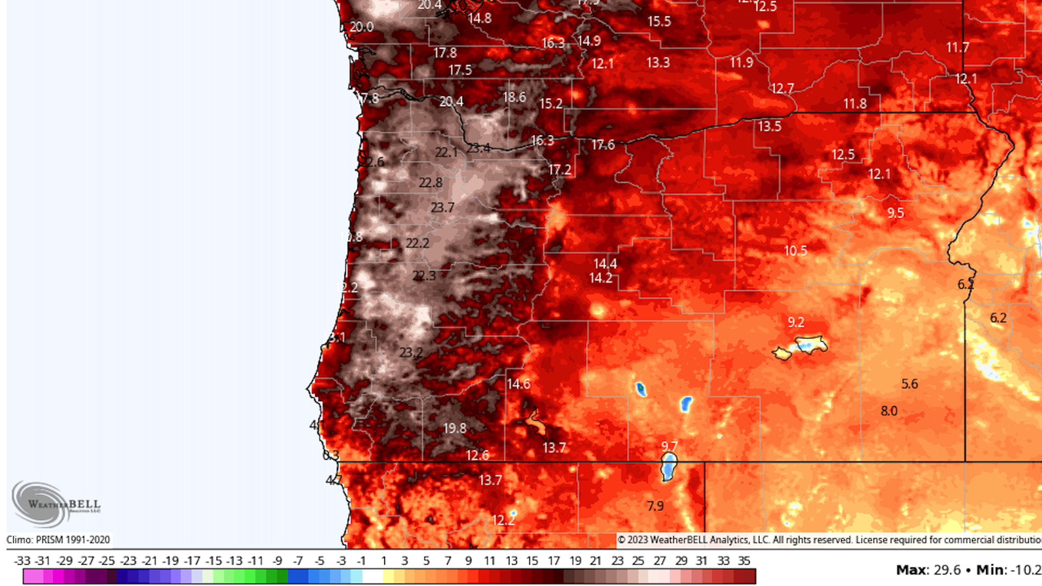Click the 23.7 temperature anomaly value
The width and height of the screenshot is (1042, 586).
pyautogui.click(x=442, y=208)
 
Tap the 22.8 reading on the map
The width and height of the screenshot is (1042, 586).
pyautogui.click(x=430, y=183)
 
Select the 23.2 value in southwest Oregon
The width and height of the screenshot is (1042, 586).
pyautogui.click(x=411, y=353)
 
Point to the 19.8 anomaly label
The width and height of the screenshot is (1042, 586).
pyautogui.click(x=454, y=428)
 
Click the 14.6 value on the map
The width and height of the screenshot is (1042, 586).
pyautogui.click(x=518, y=384)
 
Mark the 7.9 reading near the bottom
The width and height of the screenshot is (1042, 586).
pyautogui.click(x=655, y=506)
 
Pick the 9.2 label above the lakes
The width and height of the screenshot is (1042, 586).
pyautogui.click(x=796, y=322)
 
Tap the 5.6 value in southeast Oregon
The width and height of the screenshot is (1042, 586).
pyautogui.click(x=910, y=384)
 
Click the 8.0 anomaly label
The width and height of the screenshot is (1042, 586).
pyautogui.click(x=889, y=411)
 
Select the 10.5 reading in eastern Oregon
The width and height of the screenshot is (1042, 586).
pyautogui.click(x=796, y=251)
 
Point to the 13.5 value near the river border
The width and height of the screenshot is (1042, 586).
pyautogui.click(x=770, y=126)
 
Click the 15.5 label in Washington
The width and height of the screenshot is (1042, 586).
pyautogui.click(x=659, y=22)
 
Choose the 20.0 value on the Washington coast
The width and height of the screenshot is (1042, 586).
pyautogui.click(x=361, y=27)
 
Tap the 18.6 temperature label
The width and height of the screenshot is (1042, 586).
pyautogui.click(x=514, y=97)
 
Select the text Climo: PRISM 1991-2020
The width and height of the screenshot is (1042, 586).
pyautogui.click(x=58, y=540)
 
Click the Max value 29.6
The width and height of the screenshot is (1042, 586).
pyautogui.click(x=946, y=570)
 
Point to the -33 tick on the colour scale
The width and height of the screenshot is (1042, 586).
pyautogui.click(x=22, y=561)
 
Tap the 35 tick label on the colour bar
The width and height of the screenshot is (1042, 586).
pyautogui.click(x=744, y=561)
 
